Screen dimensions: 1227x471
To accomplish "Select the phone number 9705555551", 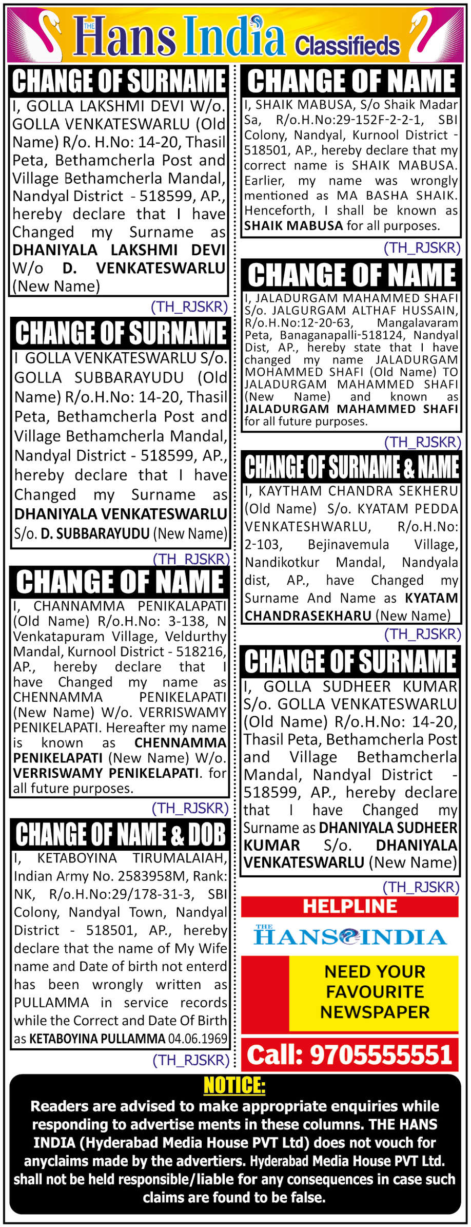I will (x=380, y=1056).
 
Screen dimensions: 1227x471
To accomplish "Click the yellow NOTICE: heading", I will (x=234, y=1086).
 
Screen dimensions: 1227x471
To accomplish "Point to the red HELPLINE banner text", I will (x=349, y=906).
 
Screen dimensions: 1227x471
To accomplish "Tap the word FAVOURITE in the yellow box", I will (x=375, y=991).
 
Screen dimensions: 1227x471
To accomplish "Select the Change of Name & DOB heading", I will (x=120, y=834).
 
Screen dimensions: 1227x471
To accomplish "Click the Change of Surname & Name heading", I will (x=351, y=467).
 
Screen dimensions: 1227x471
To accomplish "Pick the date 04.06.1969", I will (x=198, y=1039).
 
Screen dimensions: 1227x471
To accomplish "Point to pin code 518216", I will (x=201, y=651).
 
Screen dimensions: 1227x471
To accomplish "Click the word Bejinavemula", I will (x=348, y=544).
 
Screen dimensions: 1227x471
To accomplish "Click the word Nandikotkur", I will (x=282, y=562).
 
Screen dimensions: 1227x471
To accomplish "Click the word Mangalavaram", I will (x=417, y=323).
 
